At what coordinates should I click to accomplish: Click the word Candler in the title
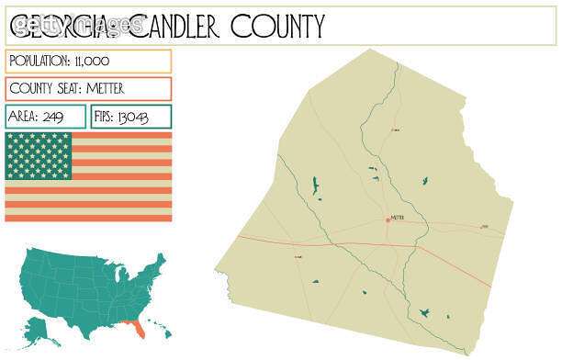click(x=176, y=27)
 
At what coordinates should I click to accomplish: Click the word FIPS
click(x=108, y=117)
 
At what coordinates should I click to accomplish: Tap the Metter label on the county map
click(x=398, y=218)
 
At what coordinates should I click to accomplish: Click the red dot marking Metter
click(x=388, y=219)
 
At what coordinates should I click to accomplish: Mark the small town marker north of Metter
click(x=395, y=130)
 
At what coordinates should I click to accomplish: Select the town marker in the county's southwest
click(x=298, y=257)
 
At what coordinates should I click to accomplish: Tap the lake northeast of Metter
click(x=423, y=181)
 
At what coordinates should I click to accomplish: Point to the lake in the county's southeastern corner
click(x=424, y=313)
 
